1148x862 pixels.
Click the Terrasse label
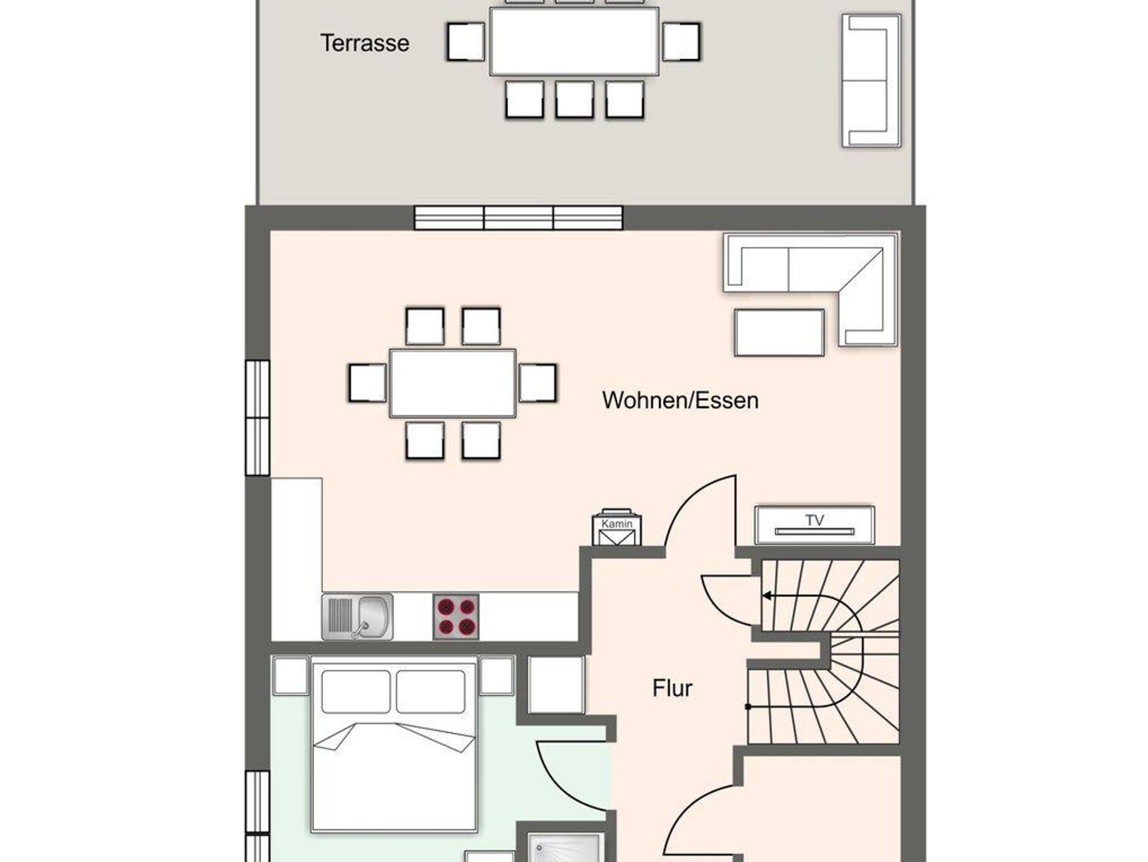tap(365, 43)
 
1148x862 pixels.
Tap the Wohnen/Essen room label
tap(681, 400)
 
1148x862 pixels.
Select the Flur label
tap(672, 688)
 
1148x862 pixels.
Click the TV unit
tap(814, 525)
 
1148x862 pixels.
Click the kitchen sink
tap(358, 617)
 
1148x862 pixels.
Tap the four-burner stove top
tap(456, 617)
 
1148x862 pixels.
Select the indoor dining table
tap(453, 383)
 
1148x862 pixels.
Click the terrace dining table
tap(574, 41)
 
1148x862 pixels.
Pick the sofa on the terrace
tap(872, 81)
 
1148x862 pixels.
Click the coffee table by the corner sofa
tap(779, 332)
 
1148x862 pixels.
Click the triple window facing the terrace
tap(519, 217)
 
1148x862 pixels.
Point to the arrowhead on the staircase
tap(766, 596)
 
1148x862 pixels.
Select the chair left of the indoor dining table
tap(367, 383)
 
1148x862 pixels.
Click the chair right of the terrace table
tap(681, 41)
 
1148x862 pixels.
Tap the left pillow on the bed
tap(356, 691)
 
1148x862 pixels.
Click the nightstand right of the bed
tap(497, 675)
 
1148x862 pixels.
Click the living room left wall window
tap(258, 418)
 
